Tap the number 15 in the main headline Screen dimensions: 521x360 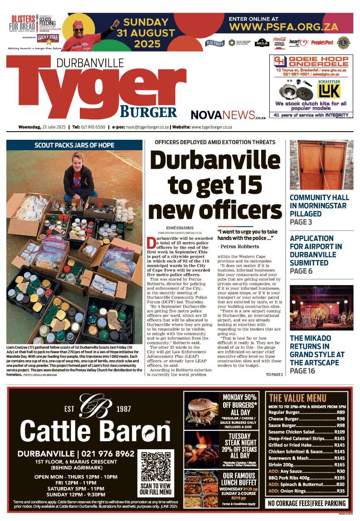point(244,185)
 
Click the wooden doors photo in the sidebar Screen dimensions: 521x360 point(321,165)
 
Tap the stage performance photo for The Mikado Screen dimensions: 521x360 point(321,307)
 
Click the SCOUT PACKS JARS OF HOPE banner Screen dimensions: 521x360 point(74,145)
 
